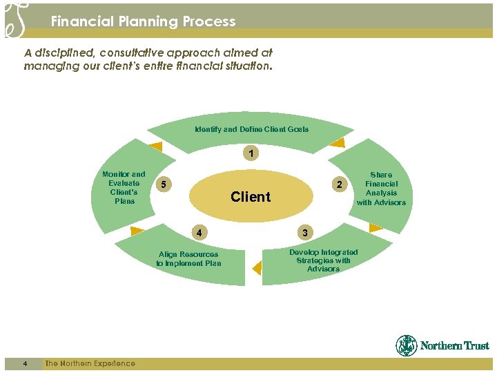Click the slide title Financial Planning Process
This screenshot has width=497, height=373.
143,21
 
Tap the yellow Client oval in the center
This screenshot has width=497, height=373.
251,197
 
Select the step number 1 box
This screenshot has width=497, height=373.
251,153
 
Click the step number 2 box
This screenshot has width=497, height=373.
338,184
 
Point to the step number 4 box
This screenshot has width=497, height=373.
199,232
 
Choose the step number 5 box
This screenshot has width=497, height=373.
163,184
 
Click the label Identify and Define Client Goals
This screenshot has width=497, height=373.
251,129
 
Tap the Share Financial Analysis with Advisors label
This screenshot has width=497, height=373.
381,189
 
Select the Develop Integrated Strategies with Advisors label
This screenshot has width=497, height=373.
323,260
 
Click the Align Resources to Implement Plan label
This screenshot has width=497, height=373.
188,258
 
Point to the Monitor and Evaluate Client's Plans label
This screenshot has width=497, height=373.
124,187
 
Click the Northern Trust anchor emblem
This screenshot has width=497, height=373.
407,345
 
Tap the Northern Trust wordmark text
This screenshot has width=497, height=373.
454,346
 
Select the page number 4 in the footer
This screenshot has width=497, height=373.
24,363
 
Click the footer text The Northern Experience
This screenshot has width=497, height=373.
90,363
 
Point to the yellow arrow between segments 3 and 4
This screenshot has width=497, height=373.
257,267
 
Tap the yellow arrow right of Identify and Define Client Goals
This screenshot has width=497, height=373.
337,144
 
